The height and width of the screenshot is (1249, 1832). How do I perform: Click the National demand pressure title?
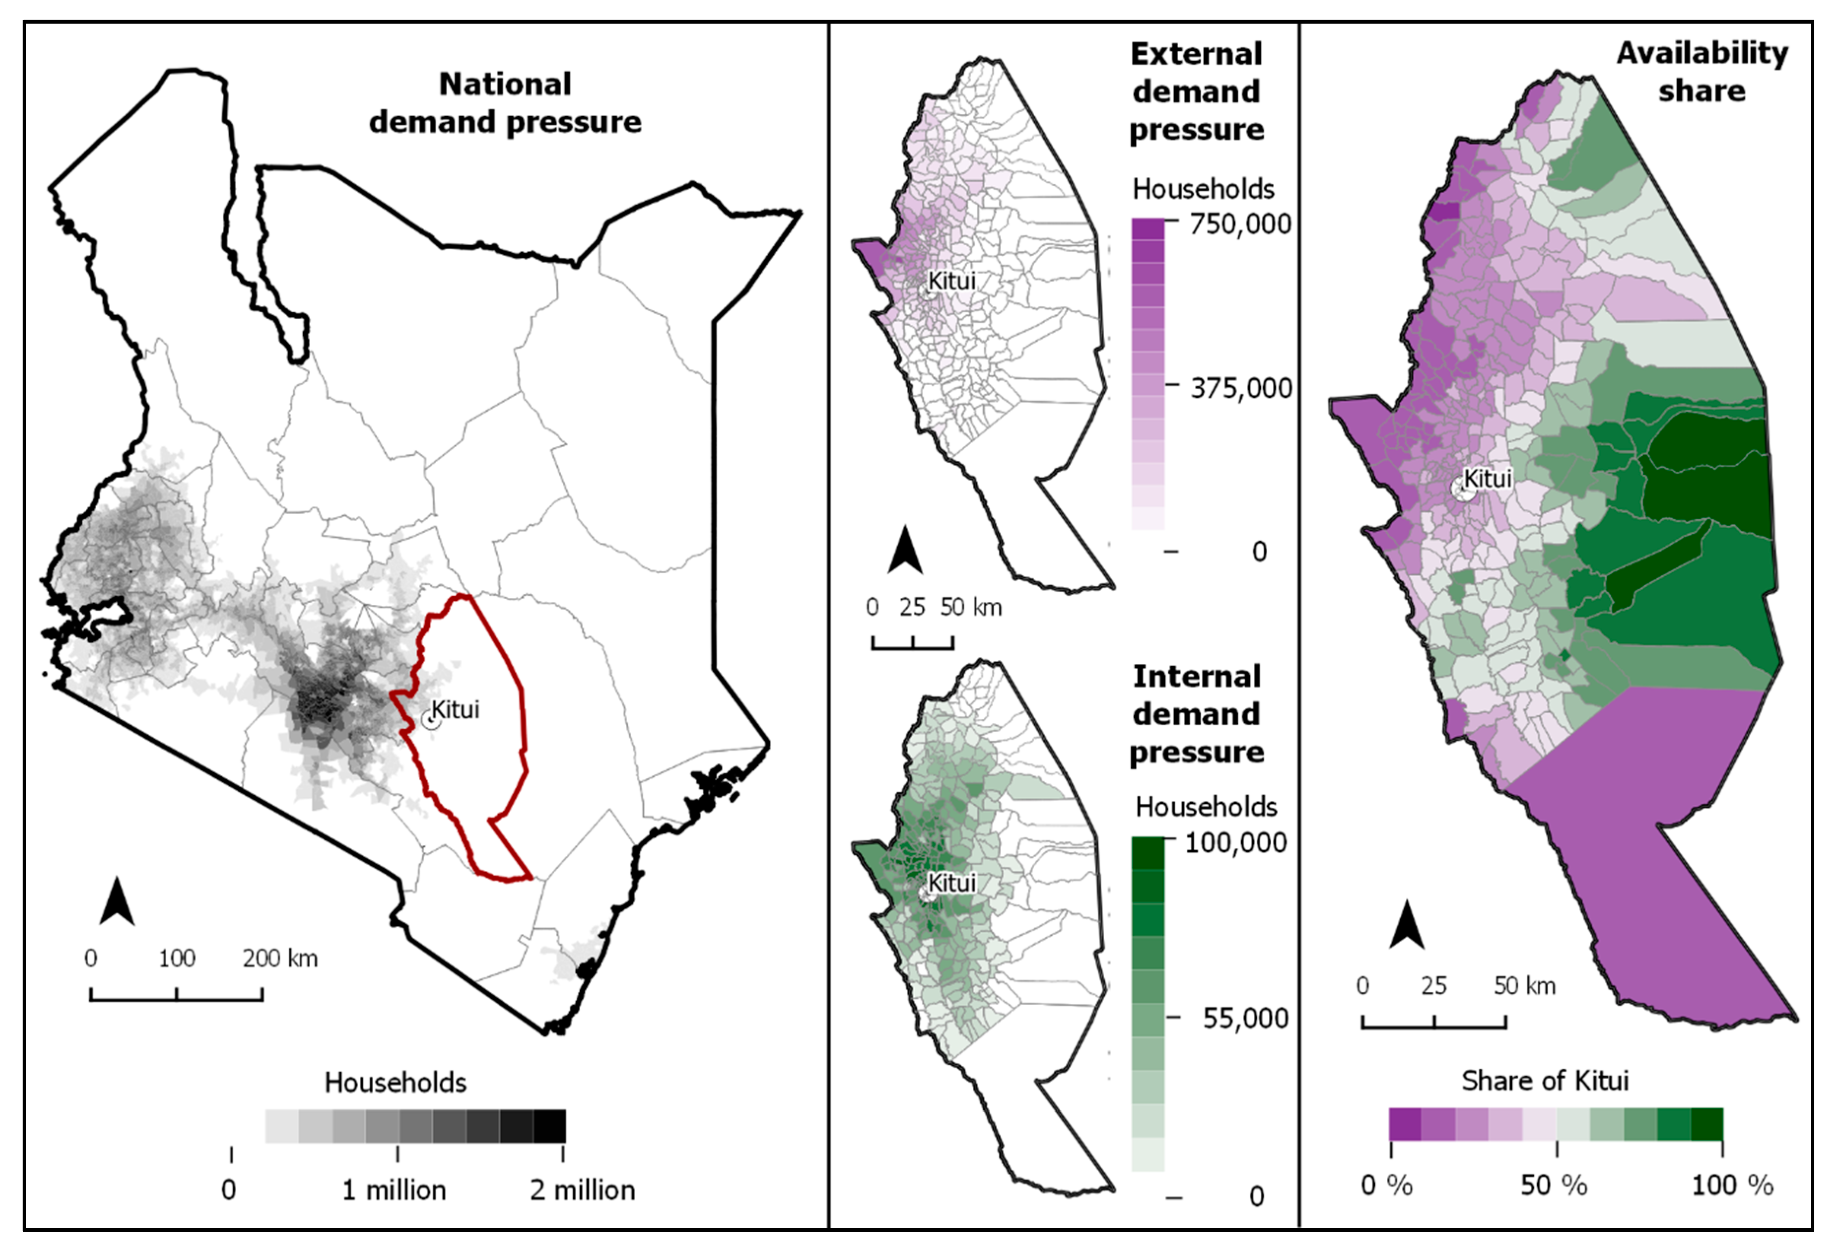[505, 103]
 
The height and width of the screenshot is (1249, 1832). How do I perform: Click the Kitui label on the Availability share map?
[1488, 478]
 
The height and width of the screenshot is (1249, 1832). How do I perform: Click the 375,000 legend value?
[1241, 388]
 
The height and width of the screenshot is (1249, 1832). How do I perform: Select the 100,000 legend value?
[1235, 842]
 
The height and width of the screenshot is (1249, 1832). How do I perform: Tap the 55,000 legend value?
[1245, 1018]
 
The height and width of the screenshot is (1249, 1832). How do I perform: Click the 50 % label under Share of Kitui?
[1554, 1185]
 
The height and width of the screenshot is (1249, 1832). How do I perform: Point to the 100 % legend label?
[1732, 1185]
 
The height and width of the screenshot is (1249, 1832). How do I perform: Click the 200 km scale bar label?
[280, 959]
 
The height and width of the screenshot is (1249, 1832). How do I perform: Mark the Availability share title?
[1702, 72]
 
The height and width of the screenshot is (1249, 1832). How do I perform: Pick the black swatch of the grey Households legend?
[549, 1126]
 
